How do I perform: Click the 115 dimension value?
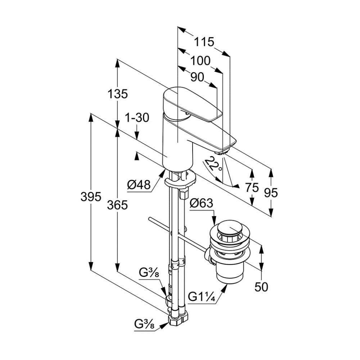click(204, 42)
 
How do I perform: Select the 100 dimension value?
click(200, 60)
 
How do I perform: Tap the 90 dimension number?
click(197, 77)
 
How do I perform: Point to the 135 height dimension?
click(118, 94)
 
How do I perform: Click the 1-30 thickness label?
click(137, 118)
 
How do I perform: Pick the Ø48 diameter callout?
click(139, 185)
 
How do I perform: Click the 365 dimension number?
click(118, 205)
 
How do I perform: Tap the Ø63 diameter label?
click(201, 203)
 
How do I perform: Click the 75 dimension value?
click(252, 187)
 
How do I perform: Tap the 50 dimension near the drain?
click(261, 287)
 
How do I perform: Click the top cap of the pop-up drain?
click(229, 229)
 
